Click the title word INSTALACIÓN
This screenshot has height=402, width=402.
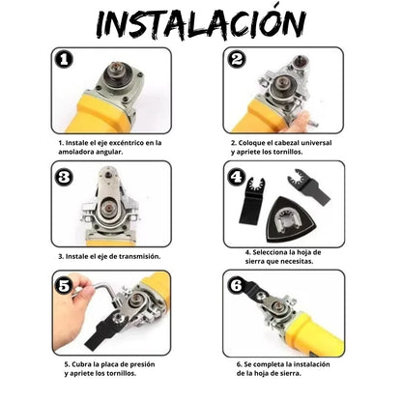201,22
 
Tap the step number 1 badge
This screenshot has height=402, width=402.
63,60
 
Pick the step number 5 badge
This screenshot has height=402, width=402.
64,287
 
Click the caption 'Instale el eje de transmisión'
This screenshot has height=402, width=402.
109,256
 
